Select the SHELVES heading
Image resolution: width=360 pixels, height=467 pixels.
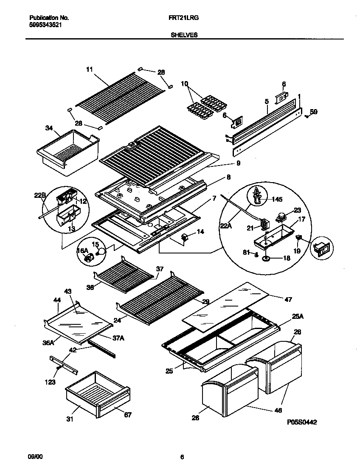click(184, 35)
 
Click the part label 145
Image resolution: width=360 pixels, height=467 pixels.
click(277, 199)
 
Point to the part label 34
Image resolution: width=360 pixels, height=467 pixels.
click(49, 128)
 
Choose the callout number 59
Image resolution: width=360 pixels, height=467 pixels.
click(313, 112)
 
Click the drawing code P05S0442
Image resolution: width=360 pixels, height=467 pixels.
click(302, 422)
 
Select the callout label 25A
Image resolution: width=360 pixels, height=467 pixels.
click(298, 317)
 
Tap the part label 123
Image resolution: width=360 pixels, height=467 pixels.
click(50, 382)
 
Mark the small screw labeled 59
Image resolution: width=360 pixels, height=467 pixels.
click(307, 117)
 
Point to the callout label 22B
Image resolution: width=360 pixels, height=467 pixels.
click(40, 195)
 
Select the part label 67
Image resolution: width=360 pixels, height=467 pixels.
click(127, 415)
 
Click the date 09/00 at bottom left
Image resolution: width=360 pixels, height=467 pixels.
click(35, 456)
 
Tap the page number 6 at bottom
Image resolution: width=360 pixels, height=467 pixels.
click(182, 457)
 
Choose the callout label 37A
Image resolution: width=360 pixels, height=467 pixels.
click(118, 338)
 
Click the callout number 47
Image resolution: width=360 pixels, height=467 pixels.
click(288, 300)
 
